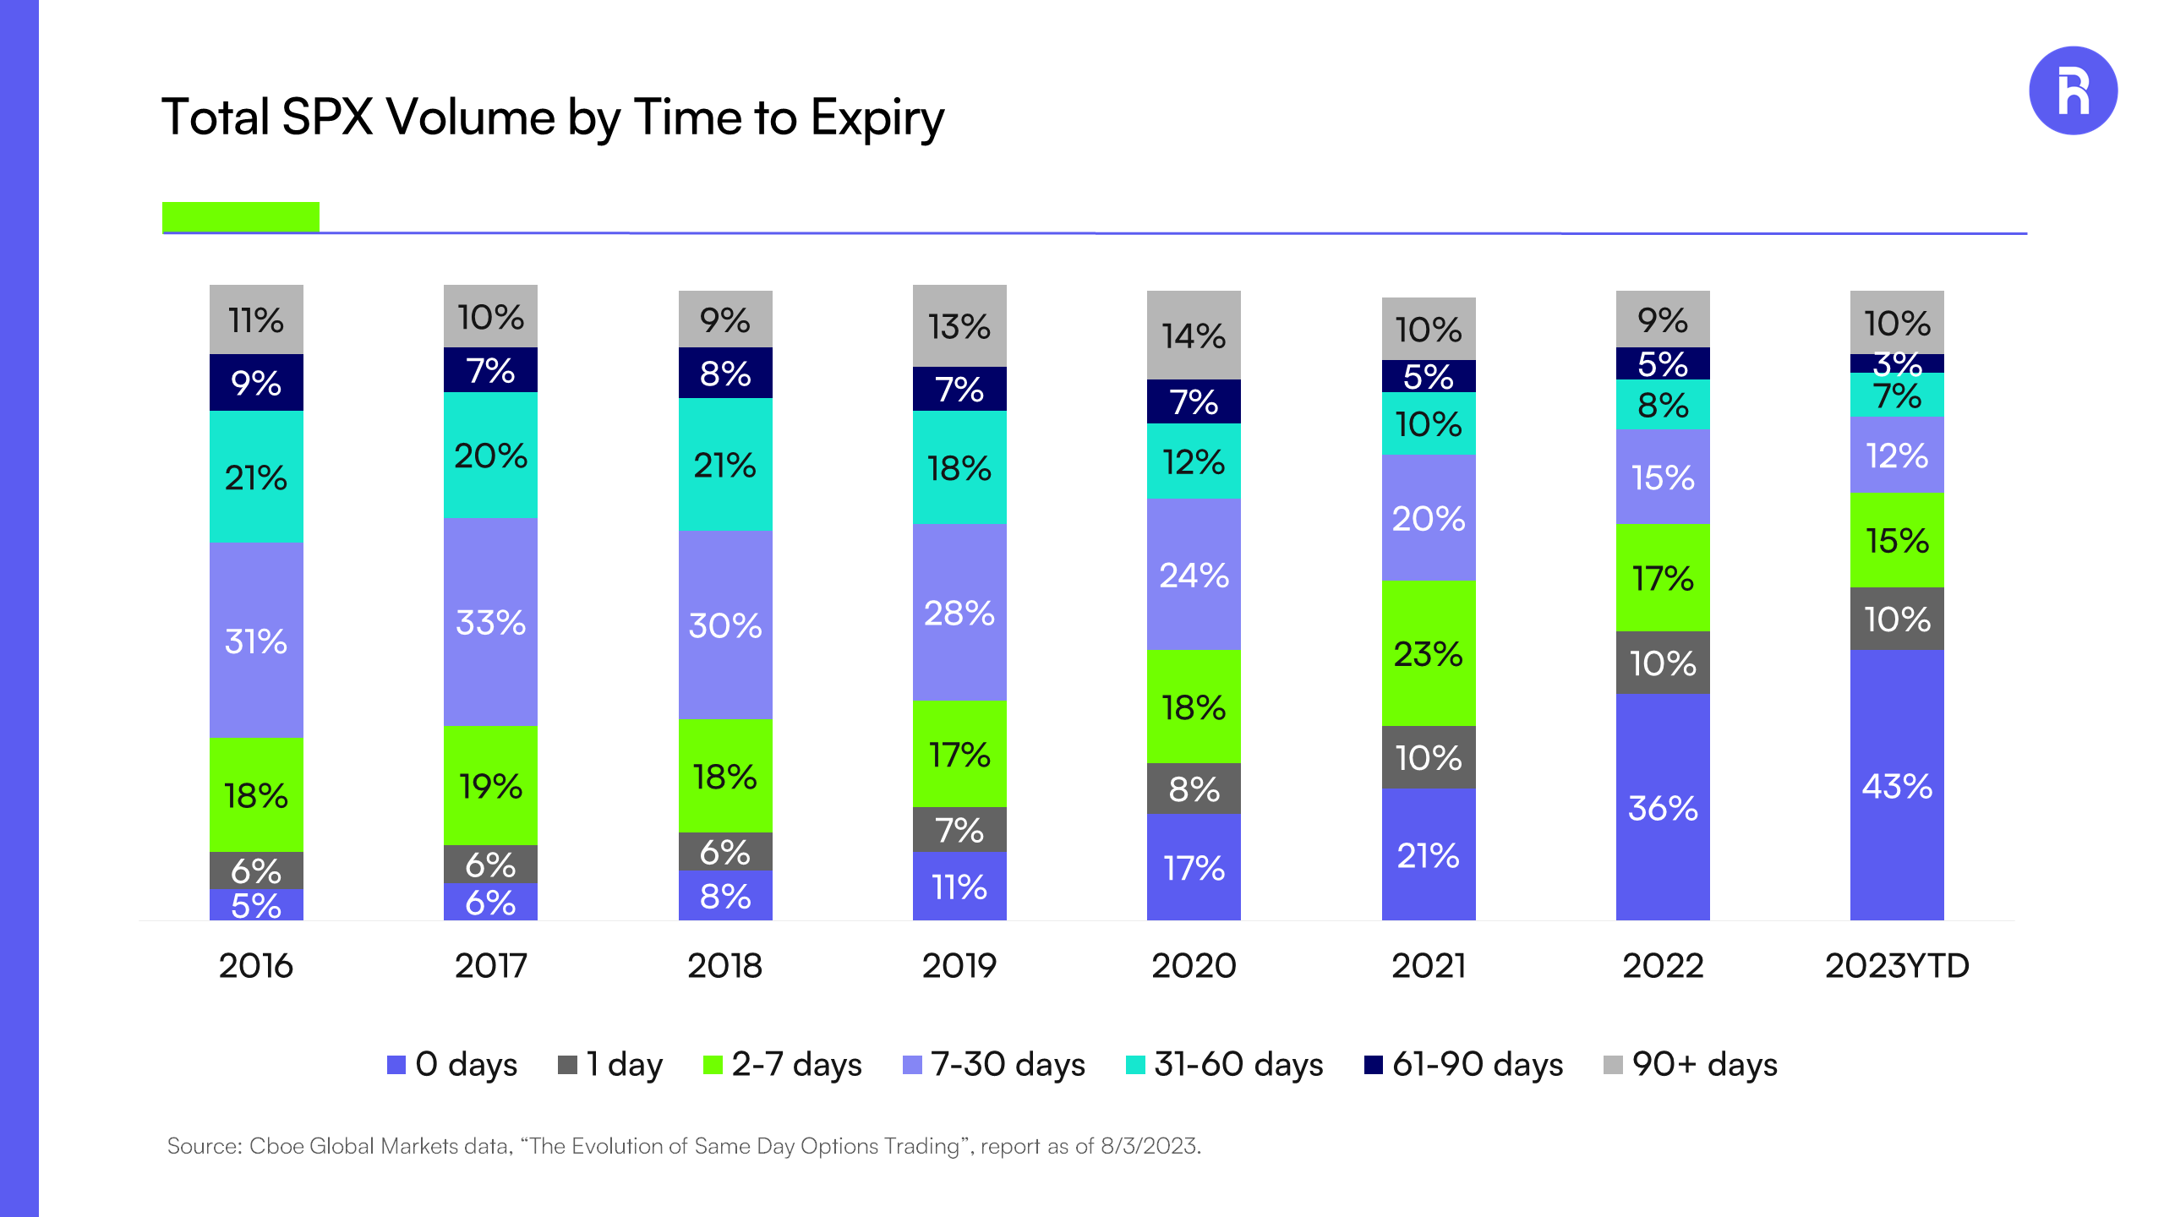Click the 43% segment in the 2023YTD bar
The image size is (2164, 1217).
pos(1896,785)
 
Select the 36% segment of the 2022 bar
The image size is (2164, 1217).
pos(1662,807)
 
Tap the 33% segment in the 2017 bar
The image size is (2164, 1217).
pos(490,622)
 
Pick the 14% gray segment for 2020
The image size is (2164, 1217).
pos(1193,336)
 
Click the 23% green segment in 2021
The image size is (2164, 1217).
pos(1428,653)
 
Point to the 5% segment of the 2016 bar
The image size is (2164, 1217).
pos(255,905)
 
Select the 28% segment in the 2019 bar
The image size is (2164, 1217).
pos(959,613)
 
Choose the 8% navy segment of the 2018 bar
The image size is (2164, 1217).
pos(724,373)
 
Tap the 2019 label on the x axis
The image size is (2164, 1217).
pos(959,965)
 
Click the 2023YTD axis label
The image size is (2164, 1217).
pos(1896,965)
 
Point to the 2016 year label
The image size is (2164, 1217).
pos(255,965)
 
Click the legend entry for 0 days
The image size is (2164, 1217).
pos(452,1064)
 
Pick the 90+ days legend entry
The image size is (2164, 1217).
pos(1691,1064)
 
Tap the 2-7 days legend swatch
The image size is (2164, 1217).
pos(713,1065)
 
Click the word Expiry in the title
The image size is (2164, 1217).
pos(877,117)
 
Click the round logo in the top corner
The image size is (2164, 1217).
pos(2072,90)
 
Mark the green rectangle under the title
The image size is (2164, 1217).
pos(240,216)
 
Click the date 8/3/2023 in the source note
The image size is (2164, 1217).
pos(1149,1146)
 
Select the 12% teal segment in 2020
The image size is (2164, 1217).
pos(1193,461)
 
